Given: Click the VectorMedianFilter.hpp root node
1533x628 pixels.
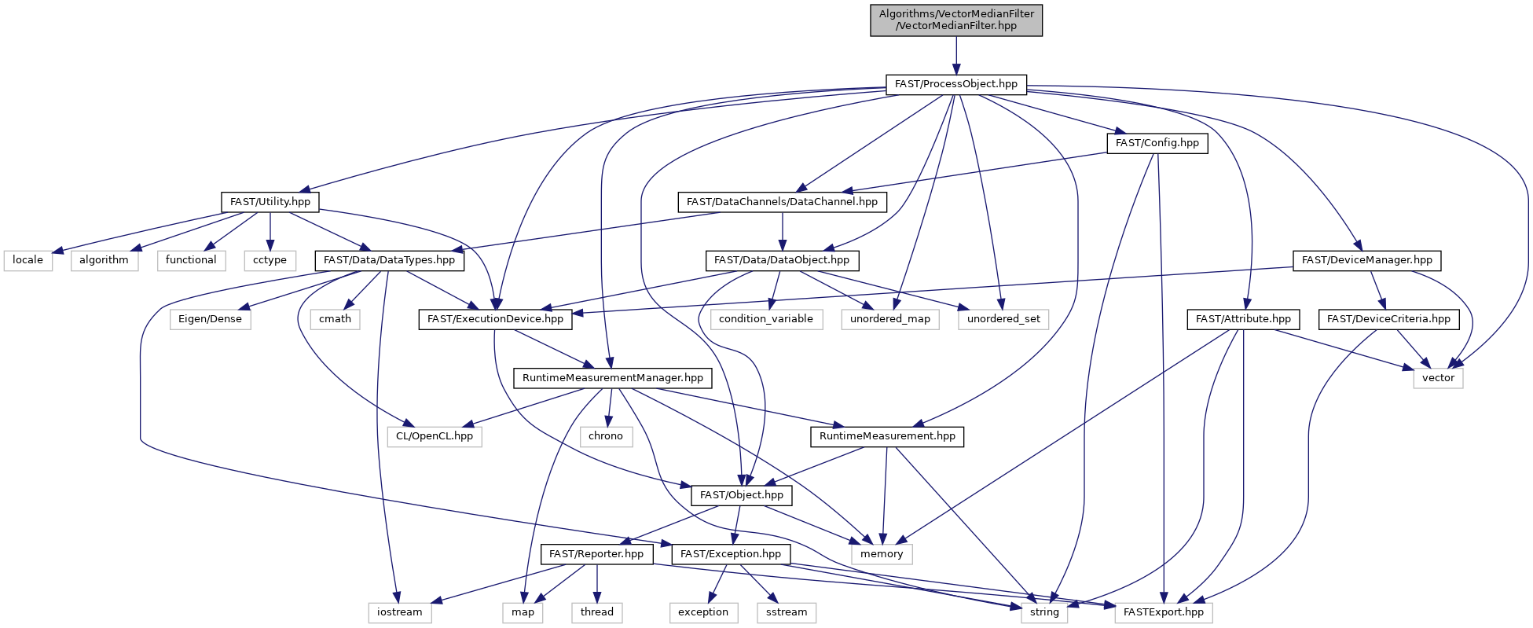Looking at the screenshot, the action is (956, 20).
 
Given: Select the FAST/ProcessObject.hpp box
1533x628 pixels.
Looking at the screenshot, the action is (956, 84).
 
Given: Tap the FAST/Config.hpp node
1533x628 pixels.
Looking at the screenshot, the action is (1157, 143).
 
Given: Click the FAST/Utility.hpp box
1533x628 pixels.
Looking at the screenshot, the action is (270, 202).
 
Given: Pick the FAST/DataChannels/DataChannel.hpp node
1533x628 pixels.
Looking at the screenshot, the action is (782, 202).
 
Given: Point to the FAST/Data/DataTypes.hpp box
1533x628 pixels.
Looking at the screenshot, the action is (389, 260).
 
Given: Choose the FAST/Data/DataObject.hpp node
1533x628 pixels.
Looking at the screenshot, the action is (782, 260).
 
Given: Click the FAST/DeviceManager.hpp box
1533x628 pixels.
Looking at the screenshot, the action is (1367, 260).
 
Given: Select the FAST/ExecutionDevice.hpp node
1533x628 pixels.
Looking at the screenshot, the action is (495, 319).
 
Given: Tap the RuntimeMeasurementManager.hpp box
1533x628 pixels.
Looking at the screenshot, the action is (613, 378).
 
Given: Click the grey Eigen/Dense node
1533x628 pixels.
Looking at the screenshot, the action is (210, 319).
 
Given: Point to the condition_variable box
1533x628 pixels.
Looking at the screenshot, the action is (766, 319).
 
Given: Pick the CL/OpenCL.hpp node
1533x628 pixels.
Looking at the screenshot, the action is (435, 436).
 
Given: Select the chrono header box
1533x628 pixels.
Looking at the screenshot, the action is (606, 436).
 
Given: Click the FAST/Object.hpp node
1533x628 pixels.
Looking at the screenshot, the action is (742, 495).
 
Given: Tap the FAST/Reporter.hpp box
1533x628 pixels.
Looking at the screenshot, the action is (596, 554).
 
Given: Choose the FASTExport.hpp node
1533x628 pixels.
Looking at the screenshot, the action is (1164, 612).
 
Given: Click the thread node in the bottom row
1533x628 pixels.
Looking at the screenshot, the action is (597, 612).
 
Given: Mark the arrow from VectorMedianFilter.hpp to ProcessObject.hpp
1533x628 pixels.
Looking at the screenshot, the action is (956, 55).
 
